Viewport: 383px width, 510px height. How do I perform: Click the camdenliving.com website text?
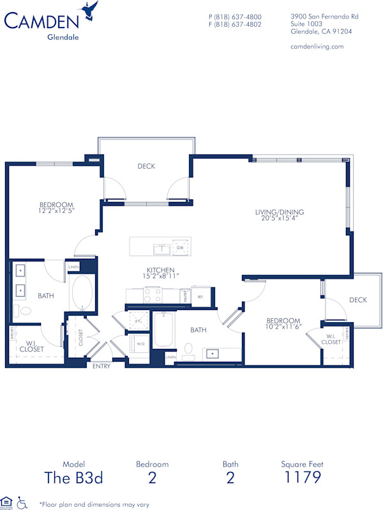317,46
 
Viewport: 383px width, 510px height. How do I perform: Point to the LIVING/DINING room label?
280,213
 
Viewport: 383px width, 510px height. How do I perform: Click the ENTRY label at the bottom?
101,366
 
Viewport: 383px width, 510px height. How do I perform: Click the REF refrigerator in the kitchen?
199,297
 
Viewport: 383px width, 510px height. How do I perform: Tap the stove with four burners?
153,296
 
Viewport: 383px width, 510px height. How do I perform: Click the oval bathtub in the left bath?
82,293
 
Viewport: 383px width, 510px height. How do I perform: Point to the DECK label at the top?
146,166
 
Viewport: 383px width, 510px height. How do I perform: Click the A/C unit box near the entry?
138,321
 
